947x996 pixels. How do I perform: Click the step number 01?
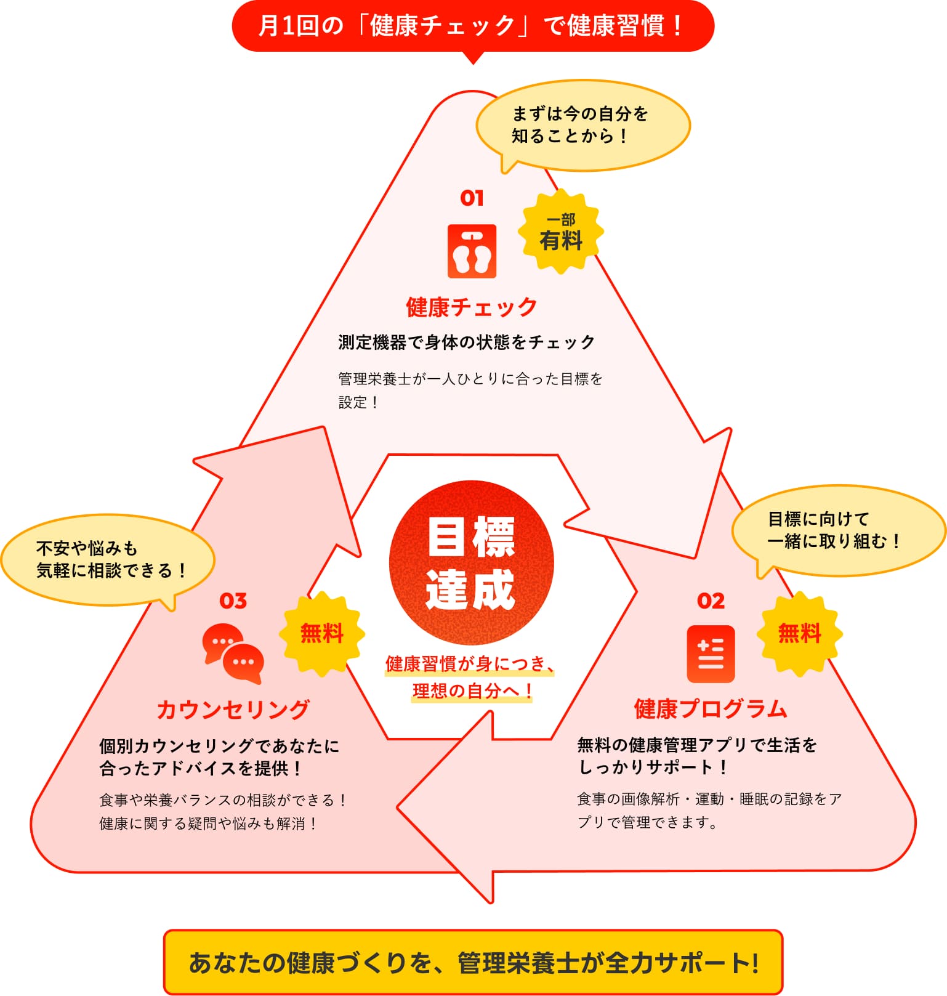472,198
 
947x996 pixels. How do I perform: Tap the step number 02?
711,601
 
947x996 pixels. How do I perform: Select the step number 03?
233,601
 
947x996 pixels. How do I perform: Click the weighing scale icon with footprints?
472,251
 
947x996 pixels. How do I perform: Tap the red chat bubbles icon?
233,654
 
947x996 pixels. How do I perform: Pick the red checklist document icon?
711,654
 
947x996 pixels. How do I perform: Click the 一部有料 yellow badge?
560,232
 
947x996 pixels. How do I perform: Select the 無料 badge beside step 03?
321,634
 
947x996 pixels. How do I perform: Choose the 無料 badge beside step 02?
799,634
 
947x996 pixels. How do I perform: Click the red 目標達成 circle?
472,562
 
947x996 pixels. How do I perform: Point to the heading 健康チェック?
472,307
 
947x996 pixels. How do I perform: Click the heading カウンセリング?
233,710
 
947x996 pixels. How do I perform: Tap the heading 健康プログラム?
711,709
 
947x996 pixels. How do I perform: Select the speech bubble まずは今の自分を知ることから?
582,126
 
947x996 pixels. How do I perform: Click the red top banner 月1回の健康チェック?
473,26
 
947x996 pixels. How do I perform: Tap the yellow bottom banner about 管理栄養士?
473,962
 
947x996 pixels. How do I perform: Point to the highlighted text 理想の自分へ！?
472,691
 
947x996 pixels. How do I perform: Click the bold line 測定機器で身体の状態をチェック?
467,342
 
